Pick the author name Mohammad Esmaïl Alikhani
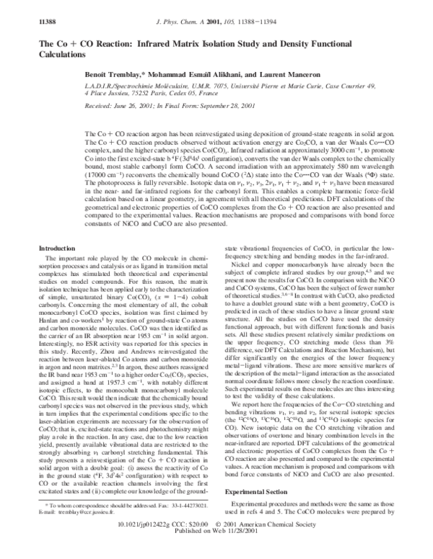coord(192,74)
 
